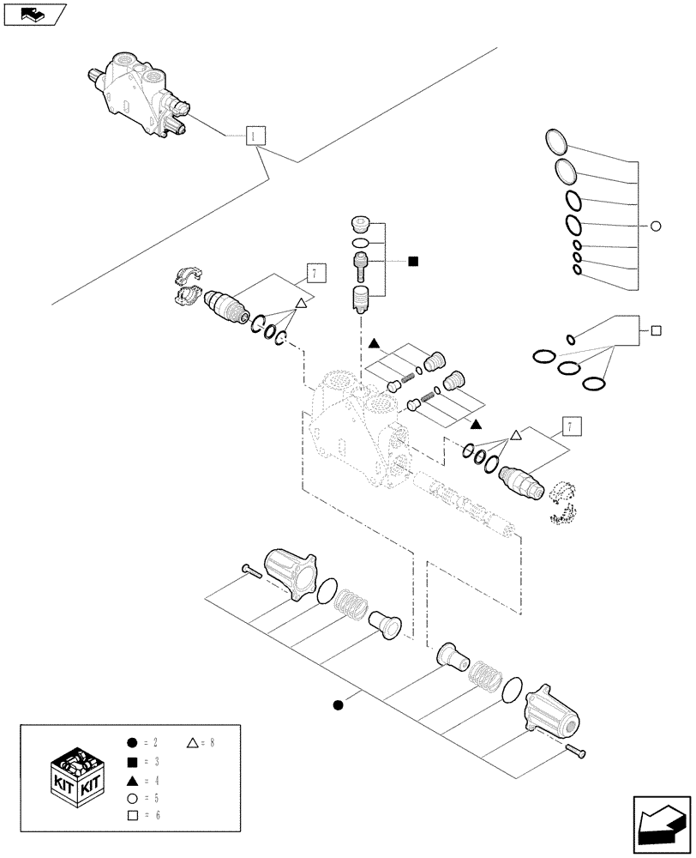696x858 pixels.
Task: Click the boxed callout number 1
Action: (x=255, y=136)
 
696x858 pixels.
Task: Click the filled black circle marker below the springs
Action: (x=338, y=705)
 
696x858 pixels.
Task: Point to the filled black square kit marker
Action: (x=413, y=261)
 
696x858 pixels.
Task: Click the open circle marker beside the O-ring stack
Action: (x=656, y=227)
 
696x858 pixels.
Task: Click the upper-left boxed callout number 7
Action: (x=315, y=274)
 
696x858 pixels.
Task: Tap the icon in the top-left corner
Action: (x=34, y=13)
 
